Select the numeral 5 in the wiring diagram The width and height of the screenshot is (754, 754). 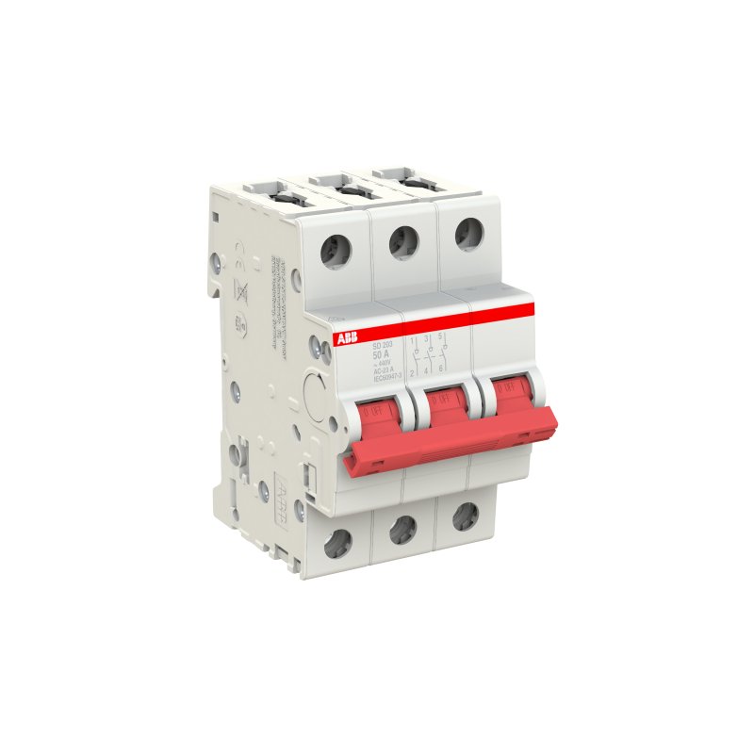[440, 336]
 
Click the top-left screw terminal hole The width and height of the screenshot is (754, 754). [336, 252]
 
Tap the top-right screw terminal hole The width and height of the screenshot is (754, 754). [467, 233]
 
